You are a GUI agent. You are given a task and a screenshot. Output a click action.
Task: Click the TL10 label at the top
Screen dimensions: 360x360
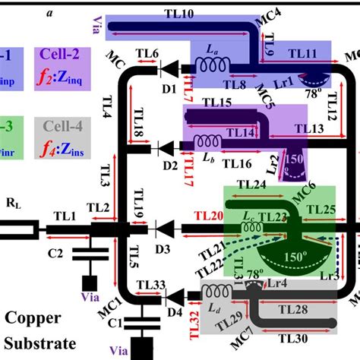click(178, 13)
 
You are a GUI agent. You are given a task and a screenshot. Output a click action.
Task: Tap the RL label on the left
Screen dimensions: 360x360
click(14, 204)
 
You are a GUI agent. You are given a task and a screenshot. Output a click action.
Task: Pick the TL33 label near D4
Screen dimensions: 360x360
click(150, 286)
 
